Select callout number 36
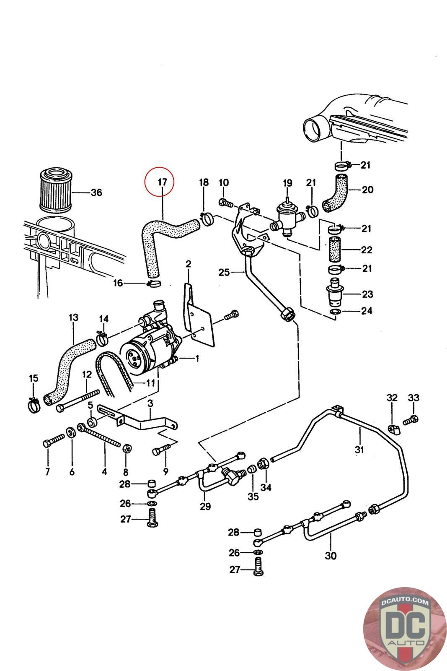click(x=96, y=192)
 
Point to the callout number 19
click(x=287, y=183)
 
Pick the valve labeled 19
click(x=288, y=214)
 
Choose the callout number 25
click(x=224, y=273)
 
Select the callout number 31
click(x=359, y=450)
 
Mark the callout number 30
click(x=331, y=556)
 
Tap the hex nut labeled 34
click(x=264, y=464)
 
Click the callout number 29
click(x=205, y=506)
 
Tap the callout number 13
click(x=73, y=317)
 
